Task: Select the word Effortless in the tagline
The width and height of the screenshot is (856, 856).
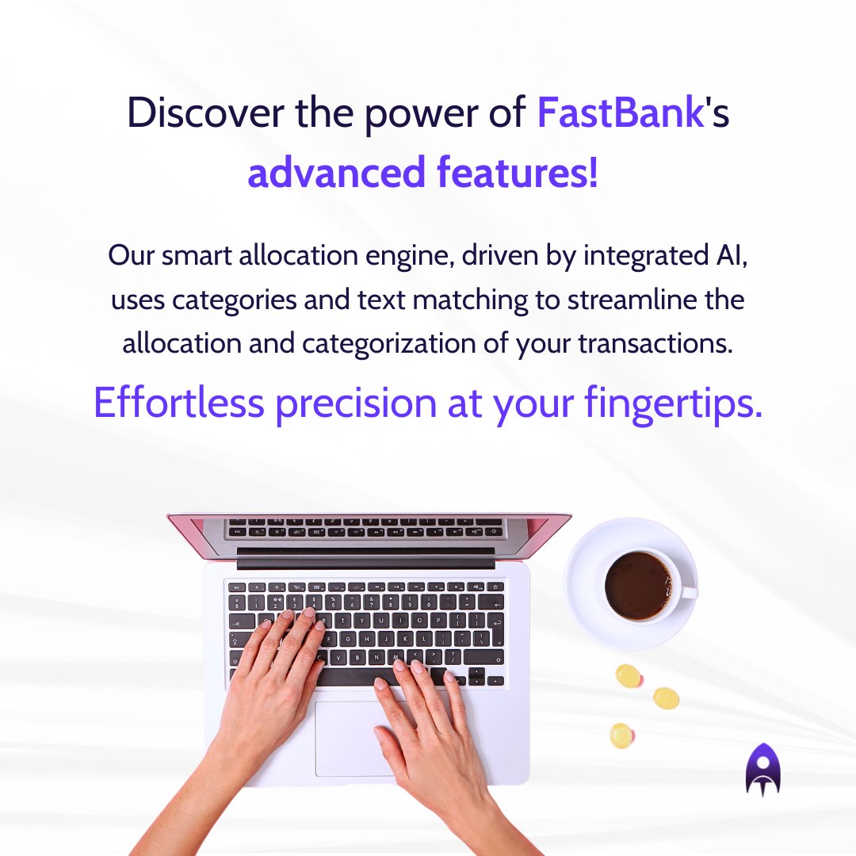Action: click(x=178, y=403)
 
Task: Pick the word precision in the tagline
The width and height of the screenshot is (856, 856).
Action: click(x=355, y=403)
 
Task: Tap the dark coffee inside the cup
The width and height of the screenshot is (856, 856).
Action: click(x=637, y=586)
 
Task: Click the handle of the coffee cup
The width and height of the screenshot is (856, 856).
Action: click(x=688, y=591)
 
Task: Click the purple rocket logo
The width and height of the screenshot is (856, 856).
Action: click(x=762, y=769)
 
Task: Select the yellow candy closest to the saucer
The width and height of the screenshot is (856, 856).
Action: click(x=628, y=675)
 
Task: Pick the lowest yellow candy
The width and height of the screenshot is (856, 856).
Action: click(x=621, y=736)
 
